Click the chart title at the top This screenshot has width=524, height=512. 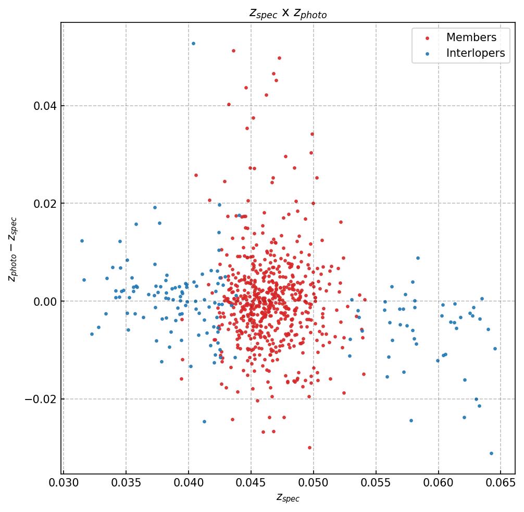288,14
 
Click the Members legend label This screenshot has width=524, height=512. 471,38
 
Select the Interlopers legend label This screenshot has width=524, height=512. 475,53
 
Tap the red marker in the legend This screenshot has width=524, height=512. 428,38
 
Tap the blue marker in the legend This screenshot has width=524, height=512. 428,54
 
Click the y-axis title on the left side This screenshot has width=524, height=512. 13,249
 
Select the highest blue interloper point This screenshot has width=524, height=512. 193,43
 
